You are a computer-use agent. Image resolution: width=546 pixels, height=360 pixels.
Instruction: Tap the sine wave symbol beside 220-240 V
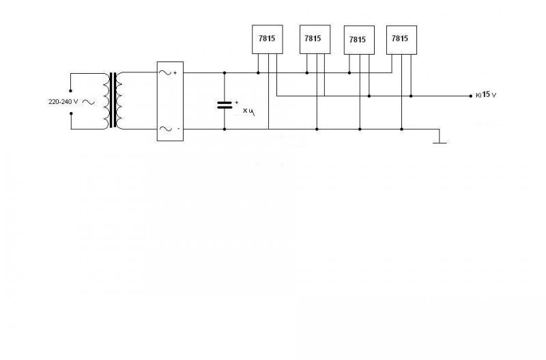click(87, 101)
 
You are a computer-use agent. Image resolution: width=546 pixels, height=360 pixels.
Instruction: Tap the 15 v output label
click(488, 96)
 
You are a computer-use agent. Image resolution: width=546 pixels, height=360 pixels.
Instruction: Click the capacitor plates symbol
click(225, 105)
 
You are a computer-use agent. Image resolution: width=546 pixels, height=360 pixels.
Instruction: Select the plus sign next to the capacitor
click(236, 102)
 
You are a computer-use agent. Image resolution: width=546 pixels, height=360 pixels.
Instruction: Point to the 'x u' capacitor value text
click(248, 111)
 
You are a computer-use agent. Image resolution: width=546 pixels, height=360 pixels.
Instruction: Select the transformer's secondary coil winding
click(119, 100)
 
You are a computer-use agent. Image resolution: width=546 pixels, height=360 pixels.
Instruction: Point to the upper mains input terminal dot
click(71, 89)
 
